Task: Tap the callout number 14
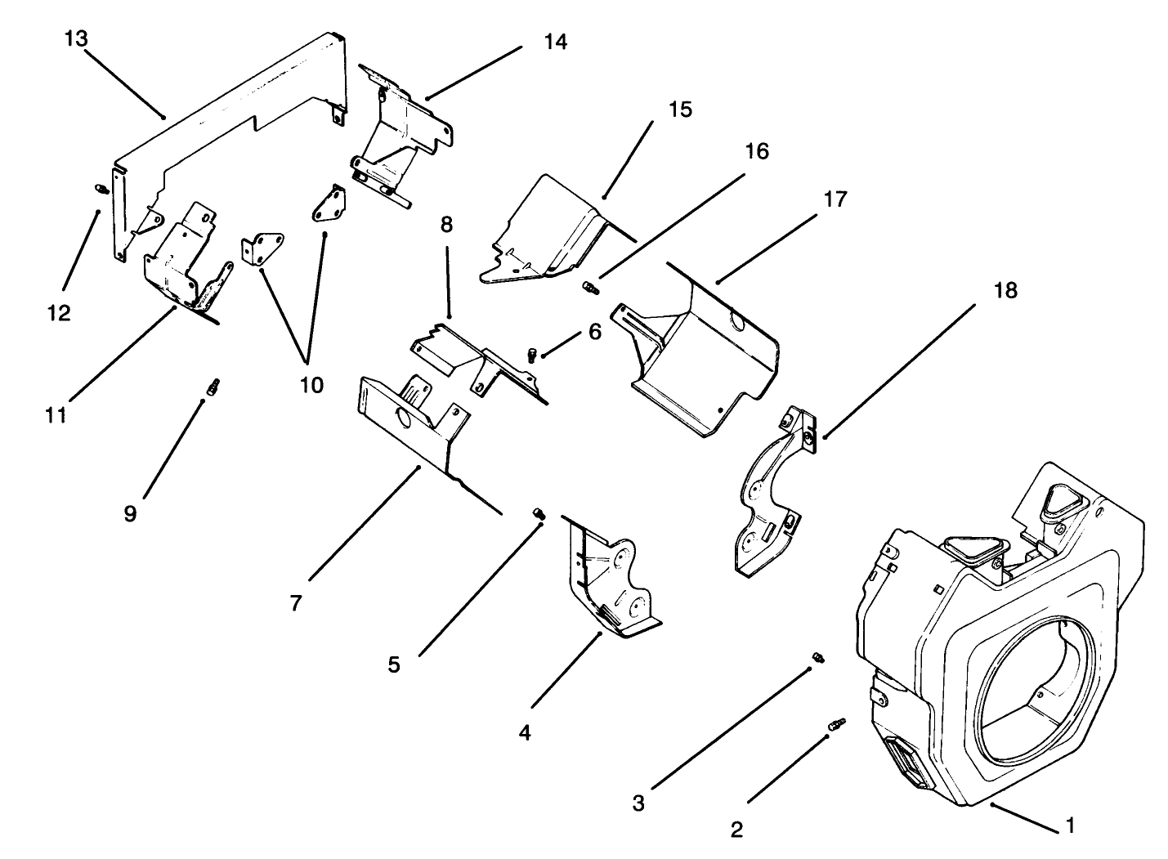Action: tap(555, 42)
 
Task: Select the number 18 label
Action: tap(1006, 291)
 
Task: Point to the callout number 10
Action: tap(311, 384)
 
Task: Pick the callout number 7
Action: tap(296, 603)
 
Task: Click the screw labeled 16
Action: tap(589, 287)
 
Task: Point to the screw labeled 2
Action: tap(836, 724)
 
